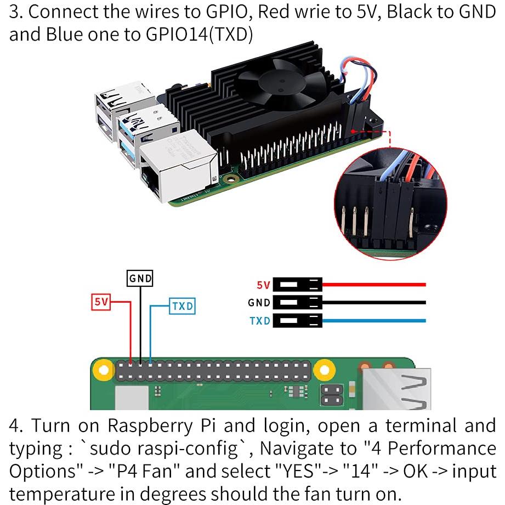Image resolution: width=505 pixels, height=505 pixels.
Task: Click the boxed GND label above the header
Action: click(x=140, y=279)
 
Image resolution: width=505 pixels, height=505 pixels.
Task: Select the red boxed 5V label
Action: click(x=101, y=302)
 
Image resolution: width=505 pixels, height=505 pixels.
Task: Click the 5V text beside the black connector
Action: click(x=263, y=285)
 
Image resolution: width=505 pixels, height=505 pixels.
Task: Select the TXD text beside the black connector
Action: click(x=260, y=321)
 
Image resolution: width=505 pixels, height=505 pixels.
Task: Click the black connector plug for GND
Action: click(x=297, y=302)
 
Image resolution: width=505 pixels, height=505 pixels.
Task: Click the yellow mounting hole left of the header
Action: click(x=101, y=371)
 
